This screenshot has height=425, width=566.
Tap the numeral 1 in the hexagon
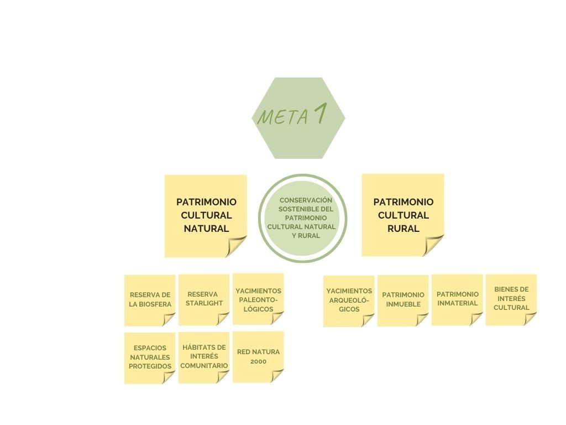pos(319,114)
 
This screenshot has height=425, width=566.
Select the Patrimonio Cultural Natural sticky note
pos(206,215)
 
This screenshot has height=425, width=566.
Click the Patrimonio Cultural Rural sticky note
pos(403,215)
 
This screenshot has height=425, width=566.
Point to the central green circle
pos(303,218)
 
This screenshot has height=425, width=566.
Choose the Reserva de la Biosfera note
pos(150,299)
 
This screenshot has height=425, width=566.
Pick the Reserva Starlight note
pos(203,299)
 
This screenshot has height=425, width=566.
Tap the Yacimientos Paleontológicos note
pos(258,299)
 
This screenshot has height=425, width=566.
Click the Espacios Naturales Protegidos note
pos(150,357)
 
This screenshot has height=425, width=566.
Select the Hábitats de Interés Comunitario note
pos(203,357)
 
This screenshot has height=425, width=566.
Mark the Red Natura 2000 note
pos(258,356)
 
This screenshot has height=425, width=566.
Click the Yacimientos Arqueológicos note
pos(349,300)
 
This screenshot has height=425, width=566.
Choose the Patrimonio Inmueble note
pos(403,299)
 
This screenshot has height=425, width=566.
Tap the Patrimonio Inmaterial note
pos(457,299)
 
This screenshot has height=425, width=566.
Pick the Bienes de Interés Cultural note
pos(511,299)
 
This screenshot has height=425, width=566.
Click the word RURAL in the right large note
pos(403,229)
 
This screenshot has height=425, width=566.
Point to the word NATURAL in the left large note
pos(206,229)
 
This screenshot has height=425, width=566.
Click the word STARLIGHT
pos(204,303)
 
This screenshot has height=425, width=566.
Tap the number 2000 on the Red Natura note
pos(258,362)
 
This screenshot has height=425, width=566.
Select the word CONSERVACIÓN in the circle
pos(306,200)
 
